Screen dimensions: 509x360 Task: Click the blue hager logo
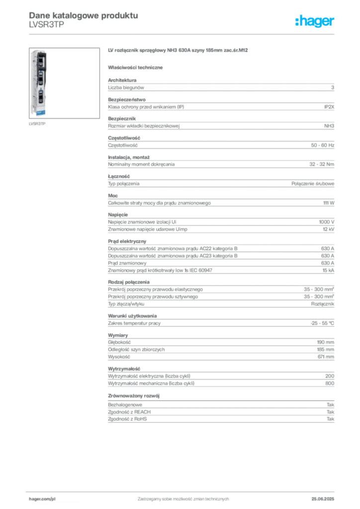(315, 22)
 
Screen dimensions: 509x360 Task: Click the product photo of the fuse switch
(38, 85)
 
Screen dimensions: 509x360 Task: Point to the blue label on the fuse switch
(38, 112)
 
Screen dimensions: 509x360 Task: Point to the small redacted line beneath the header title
(46, 29)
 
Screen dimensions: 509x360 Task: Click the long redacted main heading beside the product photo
(178, 51)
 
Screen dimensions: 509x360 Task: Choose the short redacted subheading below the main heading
(137, 67)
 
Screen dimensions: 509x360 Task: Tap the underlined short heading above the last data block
(135, 396)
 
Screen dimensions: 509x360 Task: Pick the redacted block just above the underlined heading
(221, 377)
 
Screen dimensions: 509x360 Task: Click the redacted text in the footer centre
(184, 497)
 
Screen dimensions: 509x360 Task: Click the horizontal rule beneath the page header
(183, 34)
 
